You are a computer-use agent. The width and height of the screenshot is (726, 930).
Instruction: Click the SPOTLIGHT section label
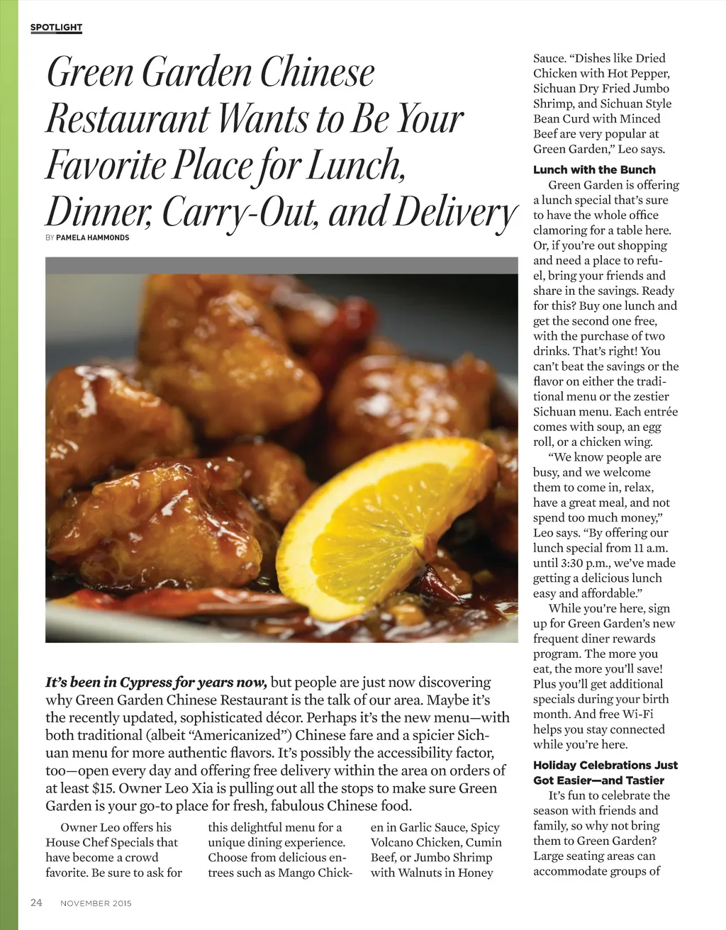tap(56, 28)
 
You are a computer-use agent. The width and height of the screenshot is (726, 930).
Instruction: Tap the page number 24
tap(36, 902)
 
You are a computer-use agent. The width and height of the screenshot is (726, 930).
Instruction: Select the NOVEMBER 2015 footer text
tap(96, 903)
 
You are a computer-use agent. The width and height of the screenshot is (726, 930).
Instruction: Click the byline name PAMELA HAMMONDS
tap(92, 238)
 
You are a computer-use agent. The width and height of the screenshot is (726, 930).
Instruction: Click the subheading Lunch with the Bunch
tap(594, 169)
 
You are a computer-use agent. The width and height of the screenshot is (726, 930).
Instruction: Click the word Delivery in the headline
tap(454, 212)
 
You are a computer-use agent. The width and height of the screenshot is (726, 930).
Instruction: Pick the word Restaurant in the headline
tap(128, 118)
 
